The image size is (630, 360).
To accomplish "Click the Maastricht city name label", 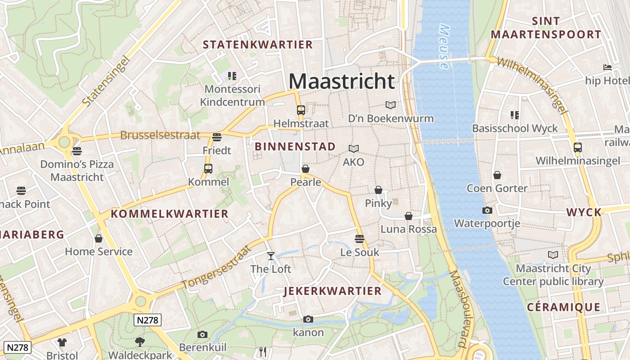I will (342, 81).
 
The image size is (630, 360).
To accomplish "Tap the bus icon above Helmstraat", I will (301, 110).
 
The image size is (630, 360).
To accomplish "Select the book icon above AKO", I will (354, 148).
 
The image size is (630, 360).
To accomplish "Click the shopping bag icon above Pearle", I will (306, 169).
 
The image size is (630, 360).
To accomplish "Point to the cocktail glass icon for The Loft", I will (270, 256).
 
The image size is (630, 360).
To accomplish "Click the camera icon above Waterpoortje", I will (487, 210).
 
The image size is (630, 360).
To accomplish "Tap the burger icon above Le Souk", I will (359, 238).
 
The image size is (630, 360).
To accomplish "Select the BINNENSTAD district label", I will (295, 147).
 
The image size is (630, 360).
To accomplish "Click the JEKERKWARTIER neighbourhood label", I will (333, 291).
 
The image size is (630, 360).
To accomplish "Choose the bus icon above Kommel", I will (208, 169).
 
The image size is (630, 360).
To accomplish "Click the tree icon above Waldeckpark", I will (140, 342).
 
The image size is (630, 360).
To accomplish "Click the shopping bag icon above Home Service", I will (99, 238).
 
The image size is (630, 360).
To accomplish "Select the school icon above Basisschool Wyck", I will (514, 115).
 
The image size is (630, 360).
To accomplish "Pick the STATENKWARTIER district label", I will (257, 45).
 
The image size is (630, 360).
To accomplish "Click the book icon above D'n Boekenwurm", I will (391, 105).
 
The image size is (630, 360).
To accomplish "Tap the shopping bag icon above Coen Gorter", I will (497, 175).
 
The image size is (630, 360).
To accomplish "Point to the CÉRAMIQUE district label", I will (563, 307).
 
